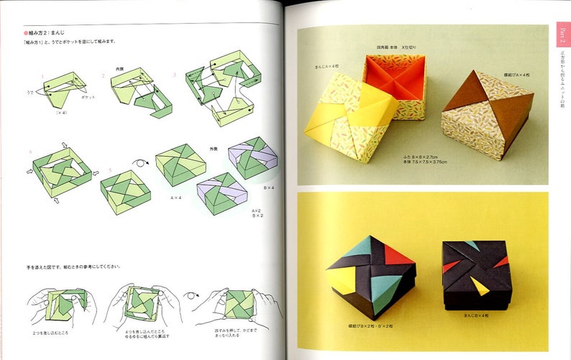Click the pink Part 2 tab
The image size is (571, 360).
(x=563, y=33)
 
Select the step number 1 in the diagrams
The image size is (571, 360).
(x=43, y=76)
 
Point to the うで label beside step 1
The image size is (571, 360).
(x=29, y=92)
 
